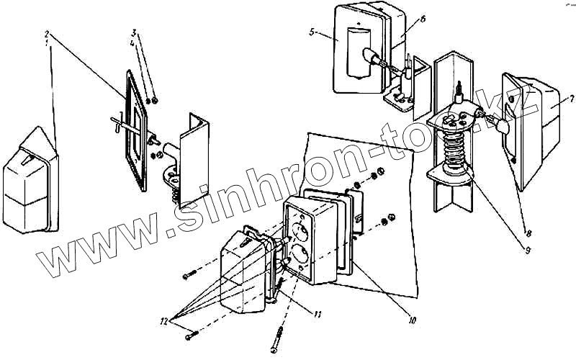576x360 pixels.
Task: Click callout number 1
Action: coord(48,42)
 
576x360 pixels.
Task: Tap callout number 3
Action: coord(134,33)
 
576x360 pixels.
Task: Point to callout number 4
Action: coord(134,42)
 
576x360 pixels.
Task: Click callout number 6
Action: coord(423,19)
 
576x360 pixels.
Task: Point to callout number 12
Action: coord(165,321)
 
